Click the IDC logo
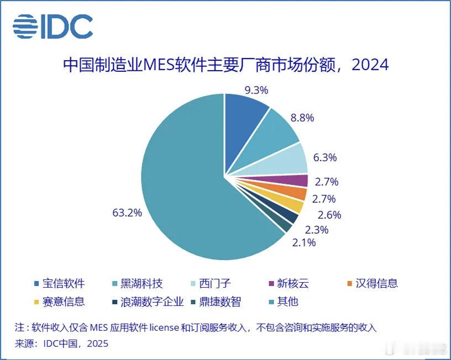click(53, 27)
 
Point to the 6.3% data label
click(325, 157)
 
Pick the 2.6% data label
click(329, 215)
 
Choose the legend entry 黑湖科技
click(143, 284)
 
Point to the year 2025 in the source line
click(97, 343)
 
